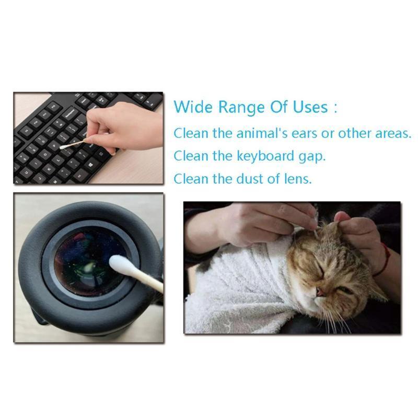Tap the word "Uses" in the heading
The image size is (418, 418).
[x=310, y=107]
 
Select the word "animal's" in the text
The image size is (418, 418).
[x=262, y=133]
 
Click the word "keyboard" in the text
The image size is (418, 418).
[x=265, y=156]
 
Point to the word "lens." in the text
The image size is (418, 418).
[x=298, y=179]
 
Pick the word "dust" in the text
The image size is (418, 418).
[x=250, y=179]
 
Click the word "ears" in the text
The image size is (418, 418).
[x=305, y=134]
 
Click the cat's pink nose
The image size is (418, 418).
[x=320, y=293]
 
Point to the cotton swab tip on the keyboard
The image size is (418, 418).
[x=63, y=147]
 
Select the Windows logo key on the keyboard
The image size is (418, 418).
[x=90, y=166]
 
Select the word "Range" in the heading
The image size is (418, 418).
[x=241, y=108]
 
